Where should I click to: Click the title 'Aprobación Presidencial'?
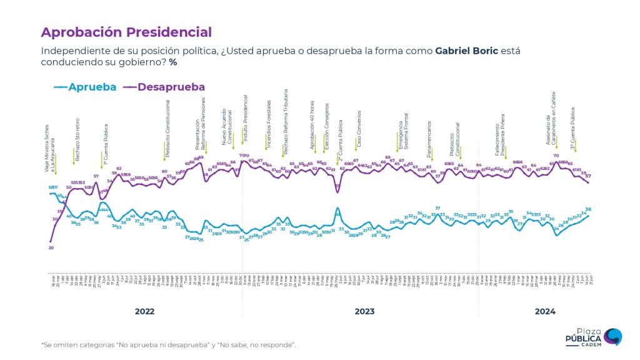[126, 32]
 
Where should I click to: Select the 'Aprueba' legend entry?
[92, 87]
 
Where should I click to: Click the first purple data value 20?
[51, 248]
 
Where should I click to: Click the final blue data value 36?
[588, 209]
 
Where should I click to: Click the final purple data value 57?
[588, 176]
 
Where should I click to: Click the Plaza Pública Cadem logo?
[593, 337]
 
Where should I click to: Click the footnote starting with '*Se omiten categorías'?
[168, 344]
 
